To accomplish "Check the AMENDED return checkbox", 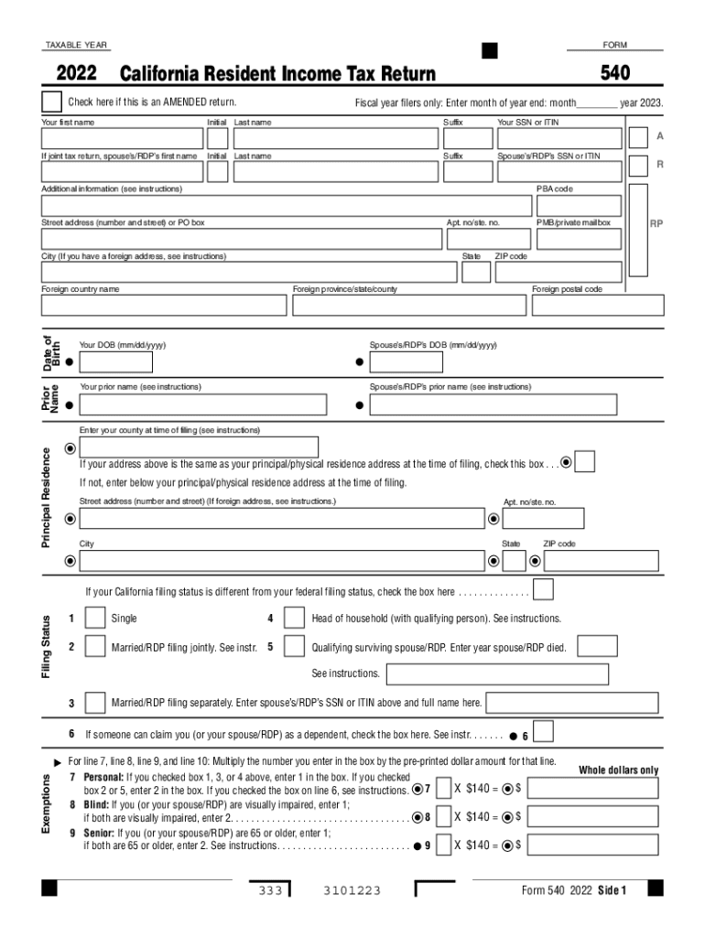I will coord(51,102).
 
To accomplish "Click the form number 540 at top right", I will coord(614,73).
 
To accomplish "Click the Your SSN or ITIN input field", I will coord(559,138).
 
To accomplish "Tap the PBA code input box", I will coord(578,205).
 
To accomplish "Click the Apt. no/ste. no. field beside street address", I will coord(487,239).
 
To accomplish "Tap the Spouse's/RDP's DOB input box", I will coord(405,362).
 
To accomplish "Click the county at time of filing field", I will coord(199,447).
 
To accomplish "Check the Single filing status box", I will coord(95,619).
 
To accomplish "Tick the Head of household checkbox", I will coord(294,619).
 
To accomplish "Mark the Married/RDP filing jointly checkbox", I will coord(95,647).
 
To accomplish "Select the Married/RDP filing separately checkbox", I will coord(95,703).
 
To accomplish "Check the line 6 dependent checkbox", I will coord(544,732).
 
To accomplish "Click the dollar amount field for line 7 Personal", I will coord(592,789).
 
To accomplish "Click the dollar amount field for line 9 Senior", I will coord(592,845).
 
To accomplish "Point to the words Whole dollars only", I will coord(618,770).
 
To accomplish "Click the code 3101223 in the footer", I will coord(352,890).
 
